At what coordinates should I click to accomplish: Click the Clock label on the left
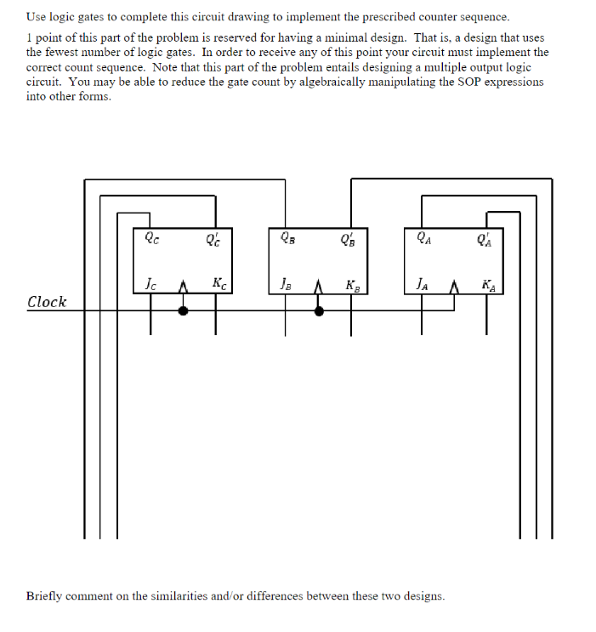pyautogui.click(x=47, y=302)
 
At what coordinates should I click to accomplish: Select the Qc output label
pyautogui.click(x=150, y=239)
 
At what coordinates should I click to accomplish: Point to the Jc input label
pyautogui.click(x=150, y=284)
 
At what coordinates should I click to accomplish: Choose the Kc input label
pyautogui.click(x=219, y=284)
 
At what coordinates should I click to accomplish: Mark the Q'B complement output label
pyautogui.click(x=348, y=239)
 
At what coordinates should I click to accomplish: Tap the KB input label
pyautogui.click(x=352, y=284)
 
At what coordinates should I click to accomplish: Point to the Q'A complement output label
pyautogui.click(x=485, y=239)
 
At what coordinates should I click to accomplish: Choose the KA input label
pyautogui.click(x=488, y=284)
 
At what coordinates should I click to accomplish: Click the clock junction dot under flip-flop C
pyautogui.click(x=183, y=311)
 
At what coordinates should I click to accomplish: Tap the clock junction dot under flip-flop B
pyautogui.click(x=319, y=311)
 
